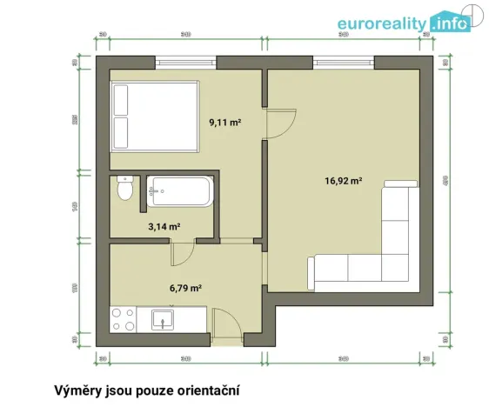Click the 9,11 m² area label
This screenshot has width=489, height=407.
[x=224, y=123]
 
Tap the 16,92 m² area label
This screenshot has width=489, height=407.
[x=343, y=181]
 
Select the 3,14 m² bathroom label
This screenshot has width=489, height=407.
[x=164, y=226]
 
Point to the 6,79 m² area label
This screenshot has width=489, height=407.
[x=185, y=288]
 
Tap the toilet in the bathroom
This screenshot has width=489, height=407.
[x=126, y=189]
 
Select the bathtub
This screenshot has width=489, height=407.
[x=179, y=191]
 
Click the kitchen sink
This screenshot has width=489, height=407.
[x=164, y=320]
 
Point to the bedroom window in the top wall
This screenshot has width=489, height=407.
[x=186, y=63]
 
